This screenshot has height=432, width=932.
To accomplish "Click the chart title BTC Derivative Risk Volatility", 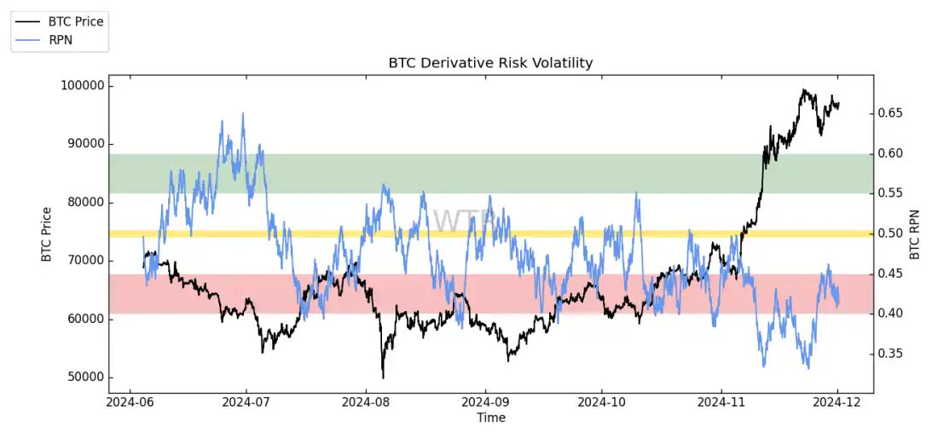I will [x=490, y=63].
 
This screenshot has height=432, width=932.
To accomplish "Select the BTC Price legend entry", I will [x=75, y=21].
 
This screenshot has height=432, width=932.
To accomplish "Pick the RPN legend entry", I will [x=61, y=38].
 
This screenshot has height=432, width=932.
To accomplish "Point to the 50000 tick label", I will [x=85, y=377].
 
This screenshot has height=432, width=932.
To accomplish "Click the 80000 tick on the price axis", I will [x=85, y=203].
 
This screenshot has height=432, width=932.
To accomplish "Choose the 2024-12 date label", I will [x=838, y=401].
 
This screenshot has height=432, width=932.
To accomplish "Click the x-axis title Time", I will [x=491, y=418].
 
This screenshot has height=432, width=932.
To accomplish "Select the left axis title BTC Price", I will [x=47, y=233].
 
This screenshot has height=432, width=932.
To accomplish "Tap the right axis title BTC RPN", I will [x=915, y=233].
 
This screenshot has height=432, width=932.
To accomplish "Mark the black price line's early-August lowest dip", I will [x=383, y=377].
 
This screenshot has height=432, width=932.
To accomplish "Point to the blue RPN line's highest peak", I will [x=243, y=113].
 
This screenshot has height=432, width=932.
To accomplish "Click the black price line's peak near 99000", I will [x=802, y=89].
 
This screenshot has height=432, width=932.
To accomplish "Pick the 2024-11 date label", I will [x=721, y=401].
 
